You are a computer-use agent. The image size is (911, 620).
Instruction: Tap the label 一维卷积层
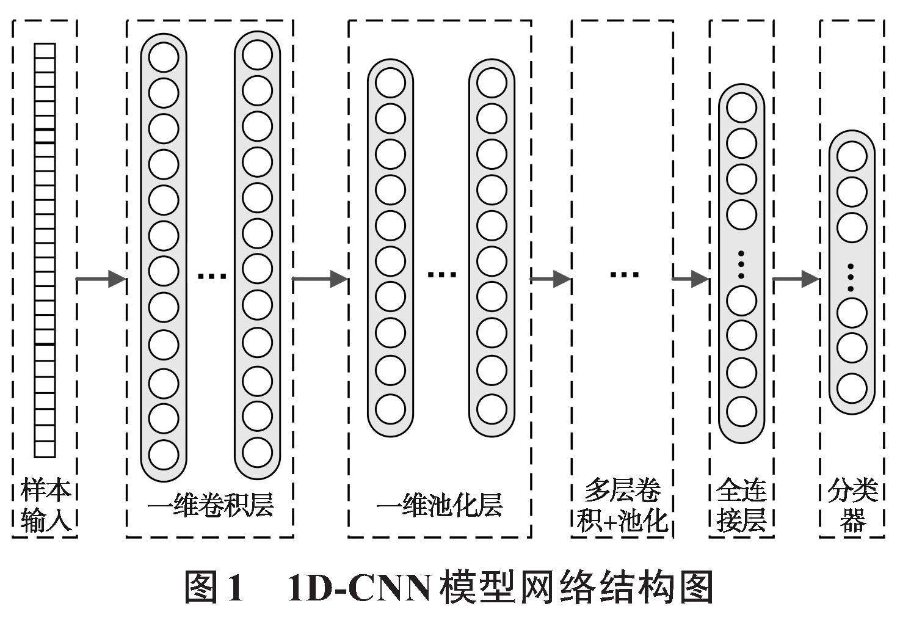pos(210,505)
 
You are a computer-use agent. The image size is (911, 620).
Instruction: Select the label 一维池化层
pos(439,505)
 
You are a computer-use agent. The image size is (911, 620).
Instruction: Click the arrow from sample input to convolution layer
pos(101,280)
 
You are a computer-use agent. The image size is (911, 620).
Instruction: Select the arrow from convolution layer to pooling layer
pos(321,280)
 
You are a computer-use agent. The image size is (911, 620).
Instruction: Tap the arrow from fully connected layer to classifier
pos(796,280)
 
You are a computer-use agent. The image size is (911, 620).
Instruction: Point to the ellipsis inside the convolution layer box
pos(212,276)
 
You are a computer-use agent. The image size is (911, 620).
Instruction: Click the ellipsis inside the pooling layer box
pos(441,275)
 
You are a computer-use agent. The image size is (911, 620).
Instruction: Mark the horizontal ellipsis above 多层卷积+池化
pos(624,274)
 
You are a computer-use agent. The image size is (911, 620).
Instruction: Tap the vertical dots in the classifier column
pos(851,277)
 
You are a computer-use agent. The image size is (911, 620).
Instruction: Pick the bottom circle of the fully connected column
pos(741,411)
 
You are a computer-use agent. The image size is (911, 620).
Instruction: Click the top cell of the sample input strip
pos(45,50)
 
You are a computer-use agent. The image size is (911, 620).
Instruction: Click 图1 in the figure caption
pos(214,588)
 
